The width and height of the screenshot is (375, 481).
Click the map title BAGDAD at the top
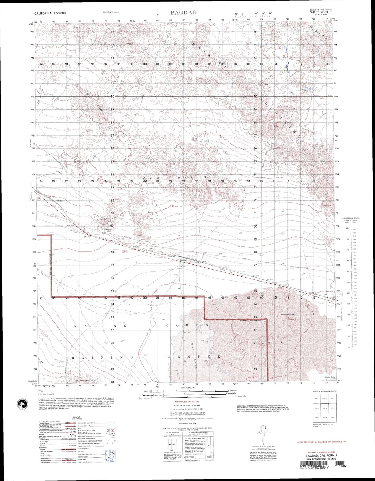pos(184,12)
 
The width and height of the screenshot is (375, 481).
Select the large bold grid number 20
pos(255,356)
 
